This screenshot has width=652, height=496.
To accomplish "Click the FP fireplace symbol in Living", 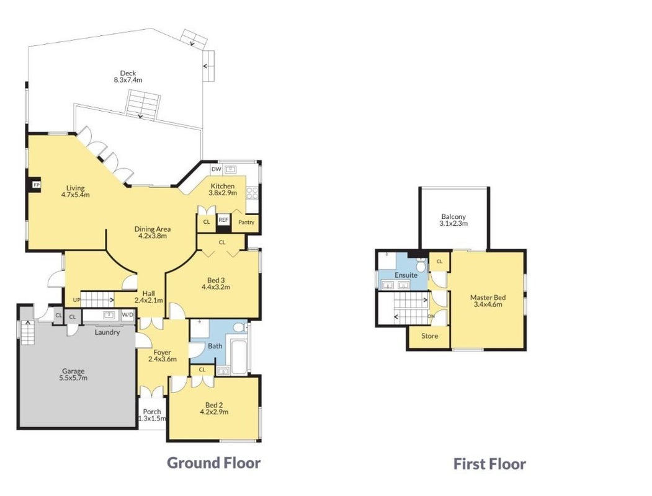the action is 37,184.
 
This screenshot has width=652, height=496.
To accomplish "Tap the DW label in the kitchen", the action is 217,169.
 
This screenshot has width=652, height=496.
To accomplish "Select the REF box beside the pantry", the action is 223,219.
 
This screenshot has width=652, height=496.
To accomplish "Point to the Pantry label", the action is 246,222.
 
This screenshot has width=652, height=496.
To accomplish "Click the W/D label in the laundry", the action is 128,315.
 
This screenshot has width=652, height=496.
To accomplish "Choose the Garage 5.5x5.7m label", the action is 73,374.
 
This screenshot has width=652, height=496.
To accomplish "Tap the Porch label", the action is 152,412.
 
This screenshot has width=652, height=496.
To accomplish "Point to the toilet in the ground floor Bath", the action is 239,327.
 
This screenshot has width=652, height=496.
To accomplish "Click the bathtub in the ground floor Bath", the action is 239,357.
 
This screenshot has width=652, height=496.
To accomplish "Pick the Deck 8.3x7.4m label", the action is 128,76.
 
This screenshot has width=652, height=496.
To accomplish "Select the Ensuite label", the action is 406,275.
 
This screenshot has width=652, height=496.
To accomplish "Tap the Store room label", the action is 429,335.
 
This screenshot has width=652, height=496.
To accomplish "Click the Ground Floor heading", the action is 214,463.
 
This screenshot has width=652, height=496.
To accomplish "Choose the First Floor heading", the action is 489,464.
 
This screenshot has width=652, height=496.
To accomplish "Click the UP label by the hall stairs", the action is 76,300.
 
